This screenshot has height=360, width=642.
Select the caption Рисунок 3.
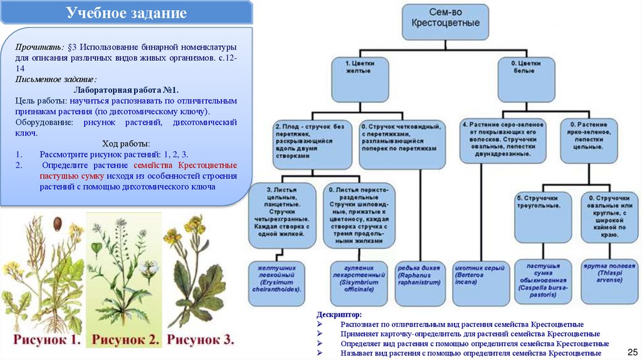pos(203,341)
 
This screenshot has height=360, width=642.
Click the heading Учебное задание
pos(126,13)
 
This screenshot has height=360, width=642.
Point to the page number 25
pos(632,352)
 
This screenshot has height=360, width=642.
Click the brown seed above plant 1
pos(58,223)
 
